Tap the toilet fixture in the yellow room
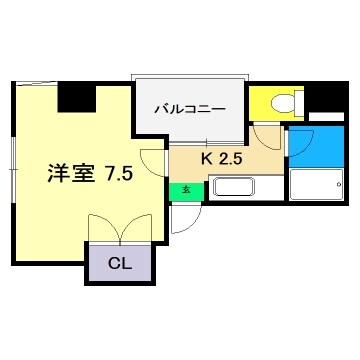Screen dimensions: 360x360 (281, 103)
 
